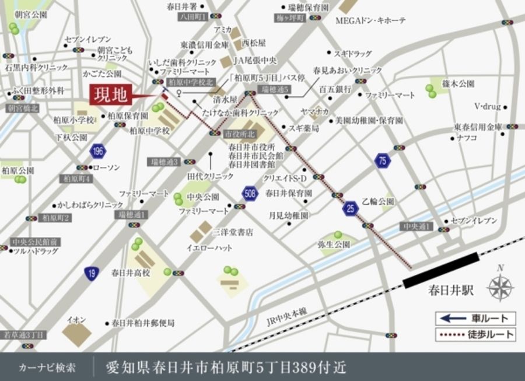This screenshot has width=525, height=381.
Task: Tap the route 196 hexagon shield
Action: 98,152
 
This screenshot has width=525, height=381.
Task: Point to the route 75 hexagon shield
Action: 382,162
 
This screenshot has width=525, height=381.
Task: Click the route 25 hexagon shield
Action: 350,208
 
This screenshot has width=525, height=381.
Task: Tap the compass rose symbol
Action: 499,286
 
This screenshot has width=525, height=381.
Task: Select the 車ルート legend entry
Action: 475,319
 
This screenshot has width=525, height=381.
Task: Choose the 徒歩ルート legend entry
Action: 475,334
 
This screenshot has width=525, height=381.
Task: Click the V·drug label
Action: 487,107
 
